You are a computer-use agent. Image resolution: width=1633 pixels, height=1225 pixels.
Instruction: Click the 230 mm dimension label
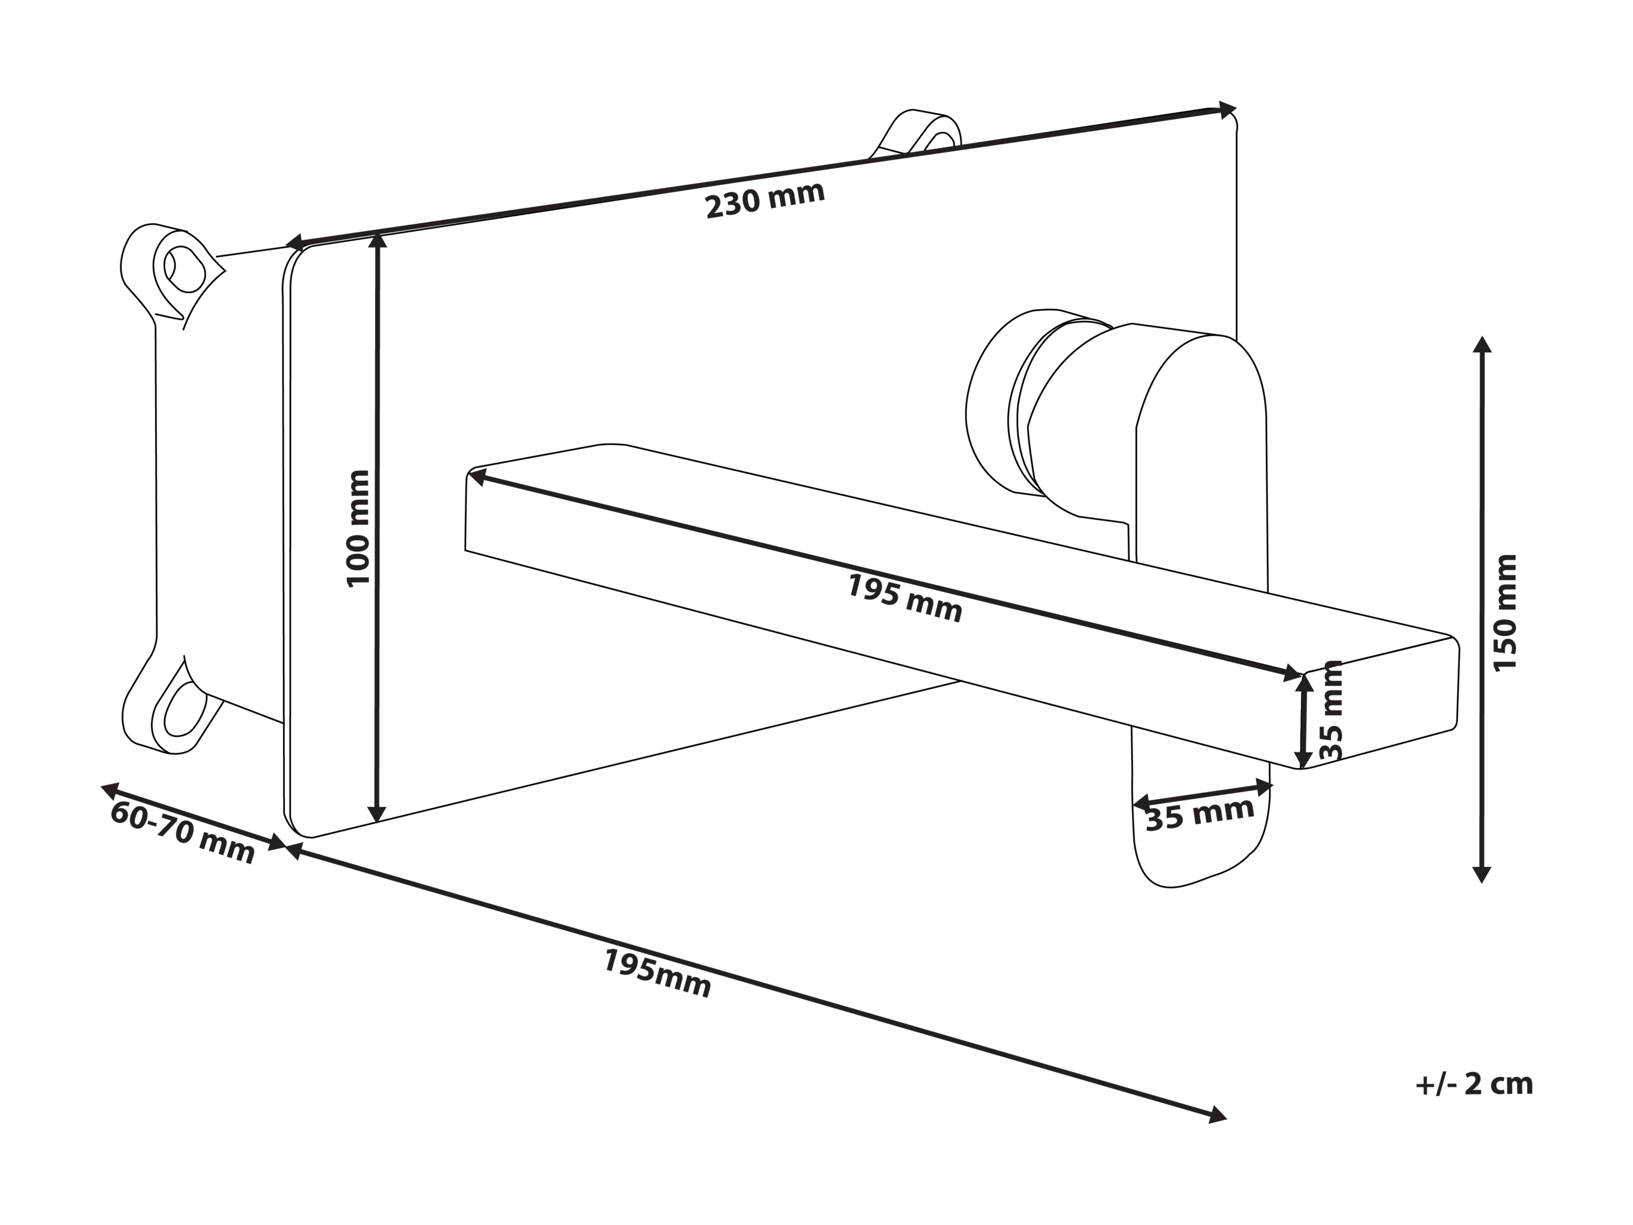(765, 200)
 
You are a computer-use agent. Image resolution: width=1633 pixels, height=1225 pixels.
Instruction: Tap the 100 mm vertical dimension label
(358, 529)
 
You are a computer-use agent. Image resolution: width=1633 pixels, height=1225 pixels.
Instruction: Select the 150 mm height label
(1505, 613)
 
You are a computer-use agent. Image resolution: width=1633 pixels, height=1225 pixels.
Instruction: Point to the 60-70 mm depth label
(182, 832)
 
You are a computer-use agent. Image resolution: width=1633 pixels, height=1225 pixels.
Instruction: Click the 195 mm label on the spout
(904, 598)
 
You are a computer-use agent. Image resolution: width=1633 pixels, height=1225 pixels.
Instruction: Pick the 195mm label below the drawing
(657, 973)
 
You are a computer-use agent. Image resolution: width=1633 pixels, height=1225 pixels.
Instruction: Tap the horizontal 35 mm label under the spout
(1200, 814)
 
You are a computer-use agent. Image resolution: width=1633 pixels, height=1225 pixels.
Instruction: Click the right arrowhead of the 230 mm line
(1228, 110)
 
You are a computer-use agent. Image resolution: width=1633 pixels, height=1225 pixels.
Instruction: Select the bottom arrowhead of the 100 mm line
(376, 813)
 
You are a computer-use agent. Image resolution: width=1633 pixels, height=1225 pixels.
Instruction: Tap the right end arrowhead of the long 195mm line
(1217, 1115)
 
